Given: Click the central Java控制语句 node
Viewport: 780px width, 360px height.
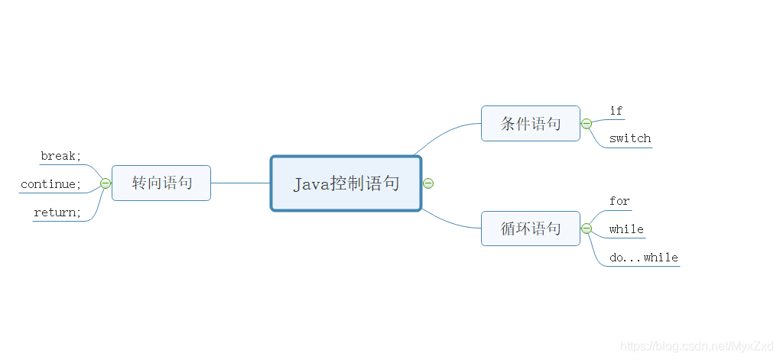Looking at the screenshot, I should click(346, 183).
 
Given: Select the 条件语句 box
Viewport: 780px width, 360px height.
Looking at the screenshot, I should click(530, 124).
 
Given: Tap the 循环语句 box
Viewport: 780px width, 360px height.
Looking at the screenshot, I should click(530, 229).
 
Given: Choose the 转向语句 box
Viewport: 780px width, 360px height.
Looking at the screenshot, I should click(161, 183).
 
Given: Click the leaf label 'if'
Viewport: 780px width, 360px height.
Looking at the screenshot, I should click(616, 112).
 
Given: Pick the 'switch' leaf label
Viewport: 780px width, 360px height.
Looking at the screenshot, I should click(630, 139).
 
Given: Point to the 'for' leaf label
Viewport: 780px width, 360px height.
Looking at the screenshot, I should click(619, 202).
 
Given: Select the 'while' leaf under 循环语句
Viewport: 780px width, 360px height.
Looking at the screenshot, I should click(626, 230).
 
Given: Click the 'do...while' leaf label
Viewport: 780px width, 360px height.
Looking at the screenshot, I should click(644, 258).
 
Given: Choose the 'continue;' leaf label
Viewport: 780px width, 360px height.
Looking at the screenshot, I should click(51, 185).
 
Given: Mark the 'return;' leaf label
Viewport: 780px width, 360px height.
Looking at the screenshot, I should click(57, 213).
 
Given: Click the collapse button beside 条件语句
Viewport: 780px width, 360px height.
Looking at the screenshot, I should click(587, 124).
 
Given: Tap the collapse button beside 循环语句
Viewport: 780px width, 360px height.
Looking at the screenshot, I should click(587, 229).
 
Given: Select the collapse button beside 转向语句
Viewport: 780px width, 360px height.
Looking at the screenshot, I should click(106, 183).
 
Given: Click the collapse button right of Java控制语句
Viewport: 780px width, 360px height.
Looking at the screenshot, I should click(428, 183).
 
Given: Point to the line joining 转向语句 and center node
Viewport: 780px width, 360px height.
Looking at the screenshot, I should click(240, 183).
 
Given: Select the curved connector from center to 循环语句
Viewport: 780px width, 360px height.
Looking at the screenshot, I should click(447, 222).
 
